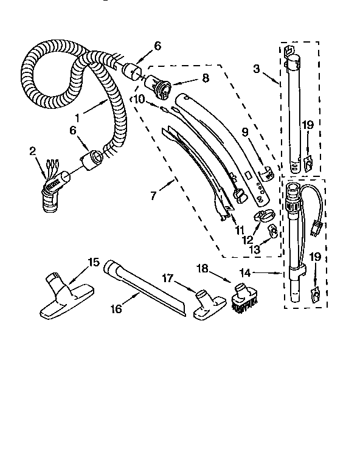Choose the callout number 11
click(x=240, y=230)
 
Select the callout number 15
click(x=92, y=262)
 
